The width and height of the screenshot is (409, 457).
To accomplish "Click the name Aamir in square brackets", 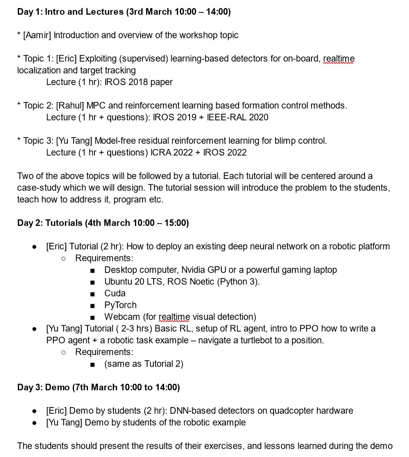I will click(x=37, y=35).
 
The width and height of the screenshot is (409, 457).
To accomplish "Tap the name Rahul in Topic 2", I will click(x=70, y=106).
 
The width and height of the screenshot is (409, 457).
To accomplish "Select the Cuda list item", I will click(x=115, y=293).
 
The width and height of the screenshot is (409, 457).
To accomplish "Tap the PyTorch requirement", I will click(x=120, y=305).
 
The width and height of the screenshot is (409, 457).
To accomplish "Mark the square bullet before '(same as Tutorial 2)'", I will click(x=92, y=364).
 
